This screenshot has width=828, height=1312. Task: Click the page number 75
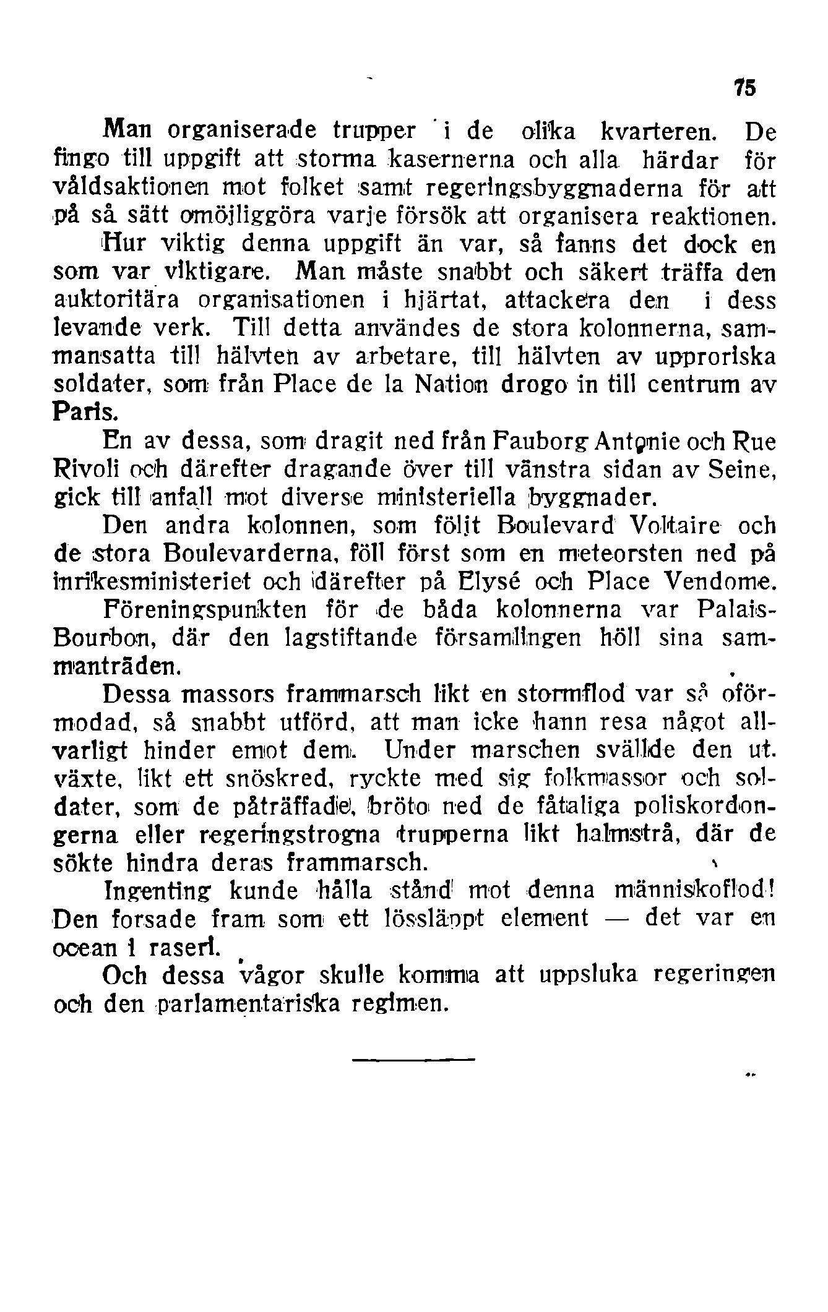pos(745,89)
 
